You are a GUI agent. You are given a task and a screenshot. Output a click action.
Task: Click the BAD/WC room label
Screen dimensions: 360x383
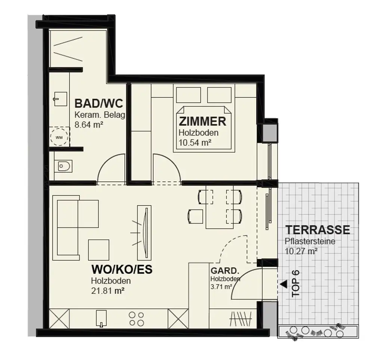pyautogui.click(x=98, y=103)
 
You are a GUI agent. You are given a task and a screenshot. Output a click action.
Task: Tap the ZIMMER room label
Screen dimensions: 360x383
pyautogui.click(x=202, y=121)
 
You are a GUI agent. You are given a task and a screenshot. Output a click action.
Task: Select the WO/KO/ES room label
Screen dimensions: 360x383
pyautogui.click(x=122, y=270)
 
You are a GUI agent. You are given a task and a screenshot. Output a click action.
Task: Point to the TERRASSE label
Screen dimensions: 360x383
pyautogui.click(x=318, y=230)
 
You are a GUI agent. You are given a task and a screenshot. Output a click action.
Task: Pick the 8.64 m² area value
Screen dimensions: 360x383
pyautogui.click(x=89, y=125)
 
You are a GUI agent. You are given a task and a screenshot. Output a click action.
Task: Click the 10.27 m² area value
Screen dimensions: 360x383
pyautogui.click(x=301, y=251)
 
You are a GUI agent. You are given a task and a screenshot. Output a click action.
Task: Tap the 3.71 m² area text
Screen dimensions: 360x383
pyautogui.click(x=221, y=287)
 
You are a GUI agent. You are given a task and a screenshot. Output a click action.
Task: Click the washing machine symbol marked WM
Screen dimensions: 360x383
pyautogui.click(x=59, y=137)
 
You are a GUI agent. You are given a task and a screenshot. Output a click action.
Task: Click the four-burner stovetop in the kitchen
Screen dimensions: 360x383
pyautogui.click(x=137, y=318)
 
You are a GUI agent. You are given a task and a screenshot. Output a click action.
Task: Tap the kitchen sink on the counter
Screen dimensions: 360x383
pyautogui.click(x=101, y=318)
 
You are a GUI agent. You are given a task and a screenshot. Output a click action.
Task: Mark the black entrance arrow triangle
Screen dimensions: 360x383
pyautogui.click(x=284, y=284)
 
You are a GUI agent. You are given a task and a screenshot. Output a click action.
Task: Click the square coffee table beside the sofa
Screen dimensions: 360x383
pyautogui.click(x=99, y=250)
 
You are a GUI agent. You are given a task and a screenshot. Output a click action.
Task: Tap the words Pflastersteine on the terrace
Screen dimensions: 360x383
pyautogui.click(x=310, y=242)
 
